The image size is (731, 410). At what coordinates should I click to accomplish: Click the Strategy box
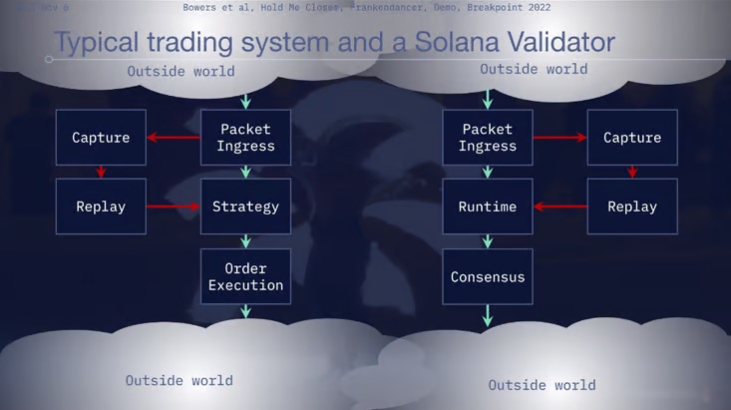[245, 206]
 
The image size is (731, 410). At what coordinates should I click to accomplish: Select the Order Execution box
[245, 276]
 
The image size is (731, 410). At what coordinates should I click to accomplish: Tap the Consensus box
[488, 276]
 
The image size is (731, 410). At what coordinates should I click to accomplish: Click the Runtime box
[488, 206]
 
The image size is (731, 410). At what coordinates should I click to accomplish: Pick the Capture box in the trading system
[101, 138]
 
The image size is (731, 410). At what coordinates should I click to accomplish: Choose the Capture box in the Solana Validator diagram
[632, 138]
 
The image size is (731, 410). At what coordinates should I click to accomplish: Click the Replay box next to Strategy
[101, 206]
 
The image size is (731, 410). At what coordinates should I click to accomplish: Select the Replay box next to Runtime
[632, 206]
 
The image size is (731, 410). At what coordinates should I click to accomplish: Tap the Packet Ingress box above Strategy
[245, 138]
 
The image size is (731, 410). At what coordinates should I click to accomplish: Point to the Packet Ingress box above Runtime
[488, 138]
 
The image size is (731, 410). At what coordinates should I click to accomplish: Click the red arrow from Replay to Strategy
[174, 206]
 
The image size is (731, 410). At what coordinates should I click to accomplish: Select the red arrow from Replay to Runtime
[559, 206]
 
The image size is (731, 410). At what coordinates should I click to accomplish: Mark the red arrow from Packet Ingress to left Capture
[174, 138]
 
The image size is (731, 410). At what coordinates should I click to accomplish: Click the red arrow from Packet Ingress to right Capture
[559, 138]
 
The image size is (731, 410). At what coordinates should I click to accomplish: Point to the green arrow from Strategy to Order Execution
[245, 241]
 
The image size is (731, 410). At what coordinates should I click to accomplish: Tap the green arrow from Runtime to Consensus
[488, 241]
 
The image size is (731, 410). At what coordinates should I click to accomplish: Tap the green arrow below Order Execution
[245, 311]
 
